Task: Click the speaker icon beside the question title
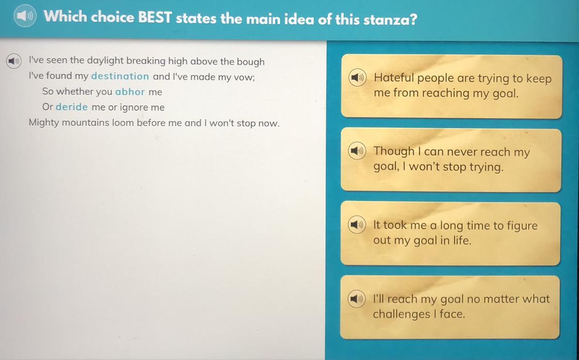pos(25,16)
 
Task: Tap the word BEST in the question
pos(155,17)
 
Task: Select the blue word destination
pos(120,76)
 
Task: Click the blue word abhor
pos(130,92)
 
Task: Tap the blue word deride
pos(72,107)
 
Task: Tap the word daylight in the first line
pos(105,61)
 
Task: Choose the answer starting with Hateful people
pos(451,87)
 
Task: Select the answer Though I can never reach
pos(451,160)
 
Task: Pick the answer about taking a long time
pos(450,233)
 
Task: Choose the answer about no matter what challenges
pos(450,307)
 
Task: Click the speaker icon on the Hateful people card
pos(357,77)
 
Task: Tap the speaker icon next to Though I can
pos(357,151)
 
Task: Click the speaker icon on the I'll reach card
pos(357,298)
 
